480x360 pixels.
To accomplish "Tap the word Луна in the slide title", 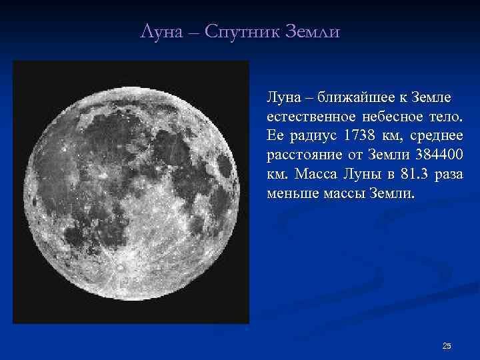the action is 161,32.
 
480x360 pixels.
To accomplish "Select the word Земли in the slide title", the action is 312,32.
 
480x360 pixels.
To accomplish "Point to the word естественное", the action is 311,117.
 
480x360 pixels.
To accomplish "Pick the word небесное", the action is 393,117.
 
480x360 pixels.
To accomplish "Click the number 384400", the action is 439,154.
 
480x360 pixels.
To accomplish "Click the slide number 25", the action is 447,346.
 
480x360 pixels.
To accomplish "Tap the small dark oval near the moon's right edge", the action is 225,166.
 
